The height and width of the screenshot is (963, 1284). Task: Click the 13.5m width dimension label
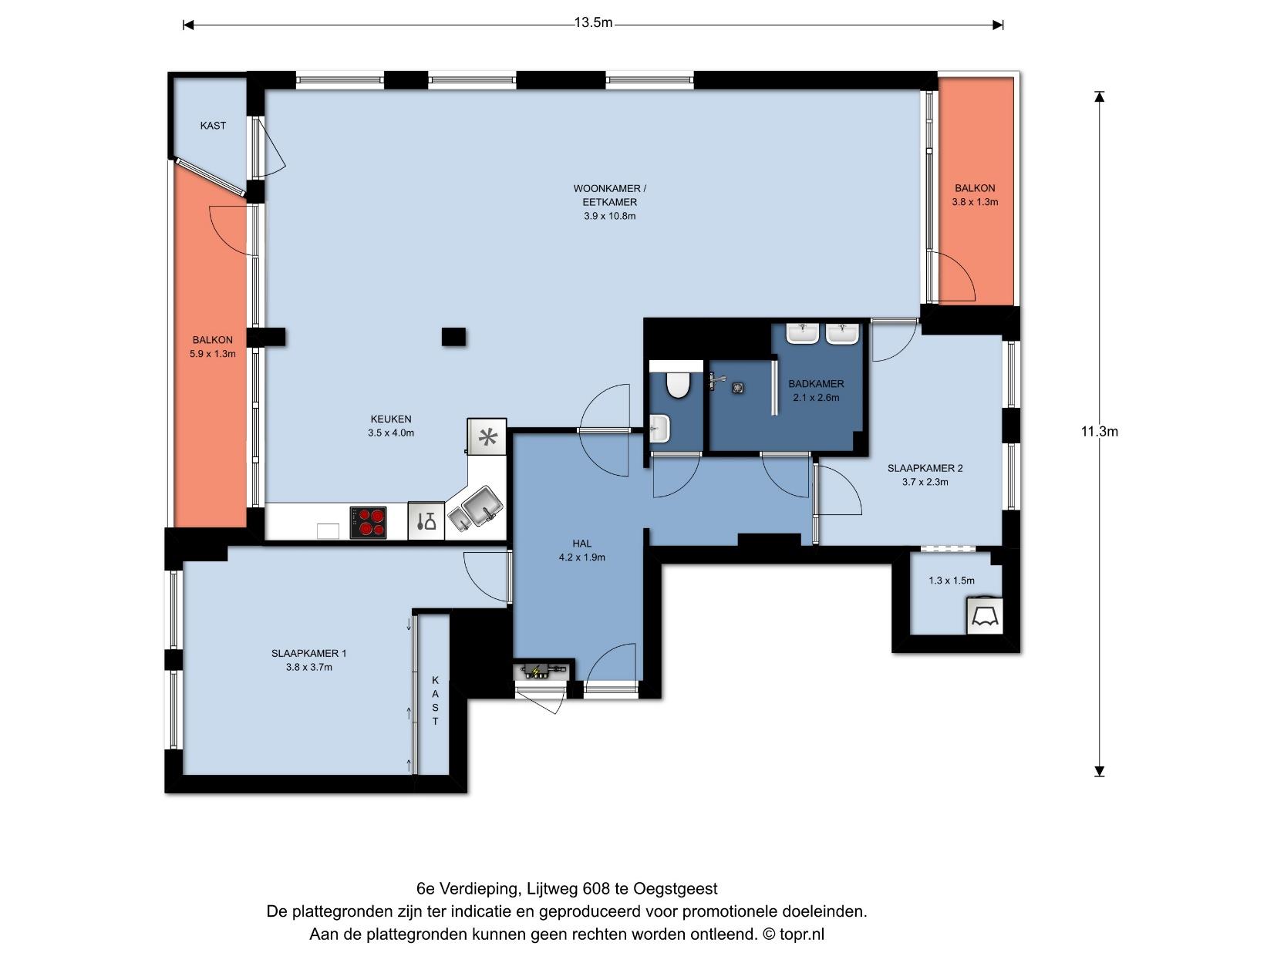point(593,23)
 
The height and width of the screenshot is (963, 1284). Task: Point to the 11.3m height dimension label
point(1099,432)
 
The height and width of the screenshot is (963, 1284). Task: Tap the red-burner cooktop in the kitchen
point(368,522)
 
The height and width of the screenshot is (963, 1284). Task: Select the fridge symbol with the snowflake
point(487,436)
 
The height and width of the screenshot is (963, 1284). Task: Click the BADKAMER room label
point(816,383)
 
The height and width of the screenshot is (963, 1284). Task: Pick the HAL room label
point(582,544)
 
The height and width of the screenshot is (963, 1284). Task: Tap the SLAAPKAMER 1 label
point(309,653)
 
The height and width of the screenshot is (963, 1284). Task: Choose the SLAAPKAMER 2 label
point(925,468)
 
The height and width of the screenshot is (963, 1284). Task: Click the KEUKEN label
point(391,419)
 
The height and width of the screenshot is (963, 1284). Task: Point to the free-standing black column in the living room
point(453,337)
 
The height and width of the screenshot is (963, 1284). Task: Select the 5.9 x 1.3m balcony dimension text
point(212,354)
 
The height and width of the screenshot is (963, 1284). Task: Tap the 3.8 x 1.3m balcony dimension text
point(975,202)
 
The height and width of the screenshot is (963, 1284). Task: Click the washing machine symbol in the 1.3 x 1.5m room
point(985,616)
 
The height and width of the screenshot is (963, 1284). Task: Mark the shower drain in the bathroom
point(738,387)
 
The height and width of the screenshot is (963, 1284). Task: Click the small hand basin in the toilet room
point(660,429)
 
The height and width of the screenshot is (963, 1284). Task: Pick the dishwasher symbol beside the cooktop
point(426,520)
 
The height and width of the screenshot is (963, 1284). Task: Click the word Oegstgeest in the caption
point(676,889)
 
